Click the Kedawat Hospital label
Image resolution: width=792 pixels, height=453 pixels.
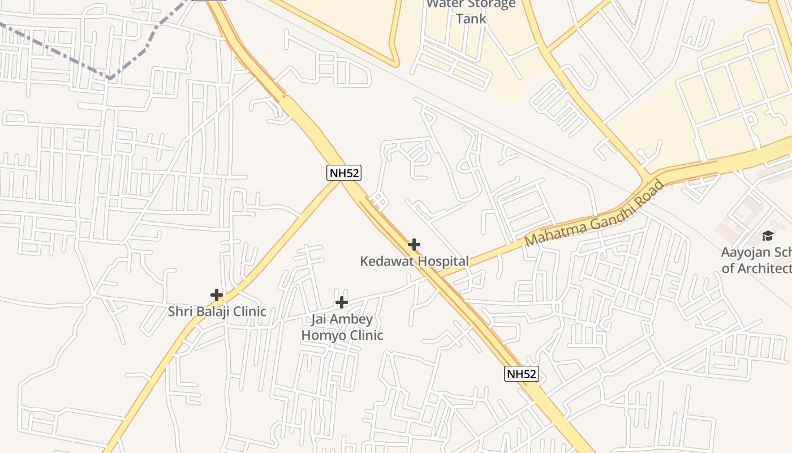(x=414, y=261)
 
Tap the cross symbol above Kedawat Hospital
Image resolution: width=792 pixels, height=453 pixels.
(x=414, y=245)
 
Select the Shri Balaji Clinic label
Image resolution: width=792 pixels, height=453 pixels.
(x=217, y=311)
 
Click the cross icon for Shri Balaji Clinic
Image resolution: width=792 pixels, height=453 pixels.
(x=216, y=294)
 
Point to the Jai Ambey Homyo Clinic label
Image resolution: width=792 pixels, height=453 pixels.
(x=342, y=327)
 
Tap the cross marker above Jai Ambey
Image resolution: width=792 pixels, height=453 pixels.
(x=341, y=302)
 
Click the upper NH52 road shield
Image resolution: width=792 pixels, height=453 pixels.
(x=344, y=173)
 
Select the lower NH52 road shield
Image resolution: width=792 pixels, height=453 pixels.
(x=522, y=374)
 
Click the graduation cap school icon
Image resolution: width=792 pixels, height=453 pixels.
(x=768, y=236)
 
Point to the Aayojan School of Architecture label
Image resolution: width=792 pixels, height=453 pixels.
(x=756, y=260)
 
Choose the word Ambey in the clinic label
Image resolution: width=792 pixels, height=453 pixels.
(x=351, y=319)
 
